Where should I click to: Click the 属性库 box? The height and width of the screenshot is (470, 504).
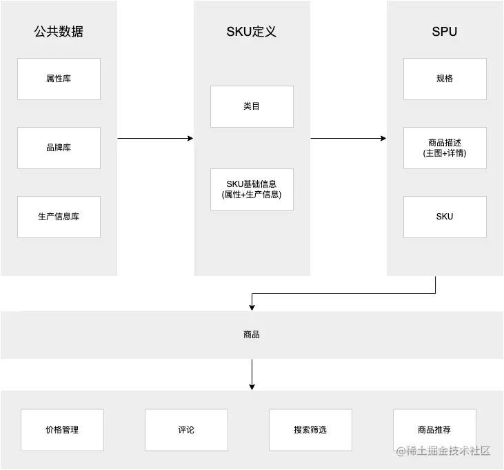point(59,79)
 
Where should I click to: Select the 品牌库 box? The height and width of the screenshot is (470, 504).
point(59,148)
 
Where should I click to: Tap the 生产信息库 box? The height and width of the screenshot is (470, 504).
point(59,217)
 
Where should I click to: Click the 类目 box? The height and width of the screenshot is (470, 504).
point(252,106)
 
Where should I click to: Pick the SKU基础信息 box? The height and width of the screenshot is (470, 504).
point(252,190)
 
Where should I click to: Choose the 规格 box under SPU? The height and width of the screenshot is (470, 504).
point(445,79)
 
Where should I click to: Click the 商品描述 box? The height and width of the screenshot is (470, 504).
point(445,148)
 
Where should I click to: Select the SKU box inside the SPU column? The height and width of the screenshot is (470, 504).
point(445,217)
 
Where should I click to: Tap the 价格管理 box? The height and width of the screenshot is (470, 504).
point(62,430)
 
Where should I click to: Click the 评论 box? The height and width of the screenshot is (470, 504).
point(186,430)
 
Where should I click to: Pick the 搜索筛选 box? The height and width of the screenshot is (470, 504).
point(310,430)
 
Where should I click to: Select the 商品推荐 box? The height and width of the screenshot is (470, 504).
point(434,430)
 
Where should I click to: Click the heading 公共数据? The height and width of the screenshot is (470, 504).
point(59,32)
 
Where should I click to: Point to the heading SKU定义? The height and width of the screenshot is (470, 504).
point(252,32)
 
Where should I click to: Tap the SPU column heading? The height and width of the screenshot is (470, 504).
point(445,32)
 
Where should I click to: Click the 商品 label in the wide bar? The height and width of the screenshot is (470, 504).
point(252,335)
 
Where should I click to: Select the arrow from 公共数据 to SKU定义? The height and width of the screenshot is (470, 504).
point(155,138)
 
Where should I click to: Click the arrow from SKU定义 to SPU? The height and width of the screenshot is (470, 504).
point(348,138)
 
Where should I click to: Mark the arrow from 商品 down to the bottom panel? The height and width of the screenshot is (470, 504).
point(252,375)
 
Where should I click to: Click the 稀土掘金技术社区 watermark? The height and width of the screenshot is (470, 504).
point(443,451)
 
